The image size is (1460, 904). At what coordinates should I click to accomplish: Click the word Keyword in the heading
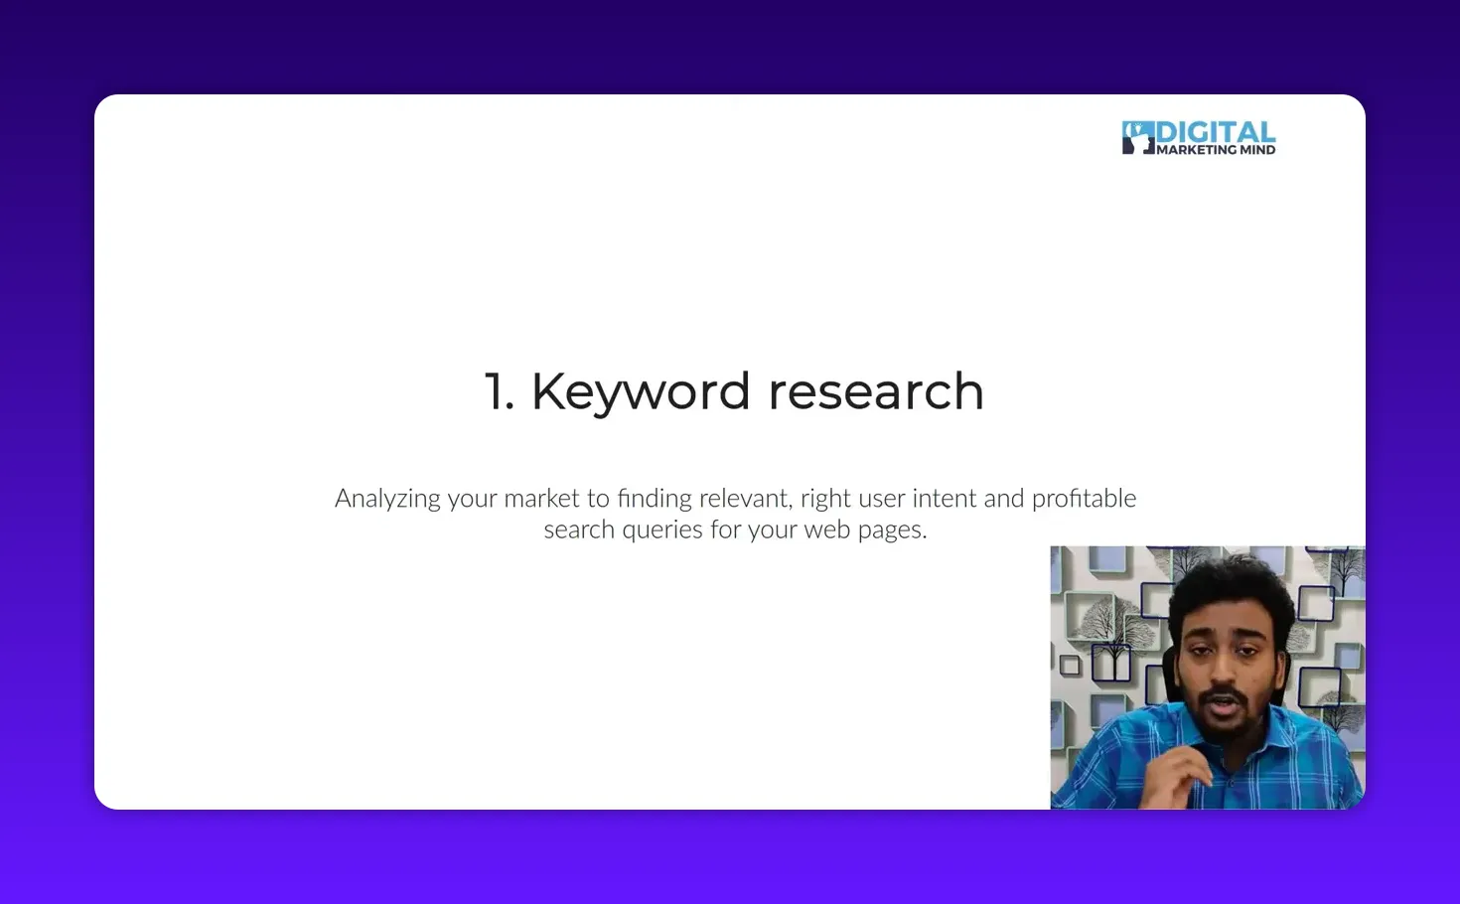coord(640,391)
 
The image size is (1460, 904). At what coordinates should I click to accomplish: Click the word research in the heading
coord(875,391)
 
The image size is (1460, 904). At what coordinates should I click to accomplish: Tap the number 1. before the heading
coord(499,391)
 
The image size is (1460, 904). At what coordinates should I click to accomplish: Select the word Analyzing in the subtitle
coord(387,499)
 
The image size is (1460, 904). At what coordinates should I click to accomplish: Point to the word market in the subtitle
coord(541,498)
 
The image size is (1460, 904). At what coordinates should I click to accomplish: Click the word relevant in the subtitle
coord(745,498)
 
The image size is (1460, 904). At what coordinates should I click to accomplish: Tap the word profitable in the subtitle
coord(1084,498)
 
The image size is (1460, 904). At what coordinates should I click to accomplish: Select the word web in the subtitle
coord(826,529)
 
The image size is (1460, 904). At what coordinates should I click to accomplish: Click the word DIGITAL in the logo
coord(1216,133)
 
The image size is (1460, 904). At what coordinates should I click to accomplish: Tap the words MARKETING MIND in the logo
coord(1216,150)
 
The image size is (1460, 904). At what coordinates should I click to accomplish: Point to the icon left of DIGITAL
coord(1137,137)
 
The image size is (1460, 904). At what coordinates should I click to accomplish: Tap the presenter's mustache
coord(1228,694)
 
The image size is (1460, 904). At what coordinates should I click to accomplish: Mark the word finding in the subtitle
coord(655,498)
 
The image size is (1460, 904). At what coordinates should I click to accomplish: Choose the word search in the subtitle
coord(579,529)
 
